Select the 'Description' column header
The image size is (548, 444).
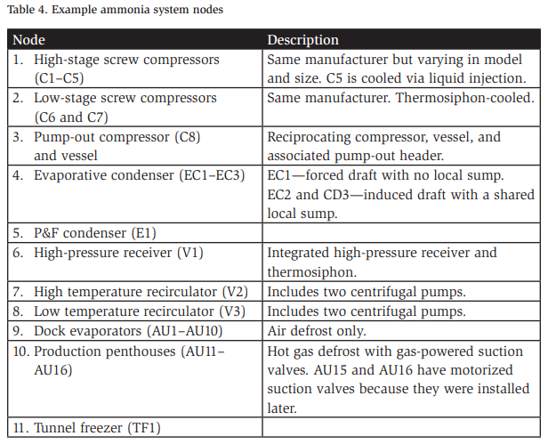tap(303, 40)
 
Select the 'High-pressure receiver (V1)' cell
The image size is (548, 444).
tap(118, 253)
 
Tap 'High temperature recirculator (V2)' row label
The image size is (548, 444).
tap(141, 292)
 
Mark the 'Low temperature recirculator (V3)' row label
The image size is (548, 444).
tap(139, 311)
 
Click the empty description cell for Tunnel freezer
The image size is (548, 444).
tap(400, 428)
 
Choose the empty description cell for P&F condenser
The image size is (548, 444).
tap(400, 233)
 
